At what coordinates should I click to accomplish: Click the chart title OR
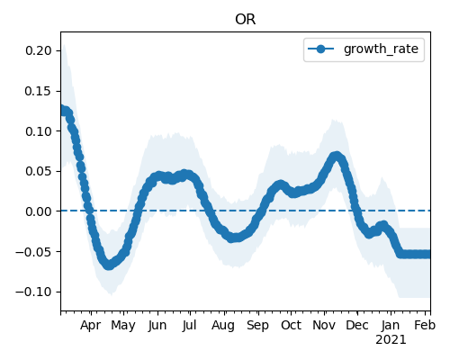tap(246, 20)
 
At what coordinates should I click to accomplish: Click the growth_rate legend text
tap(381, 49)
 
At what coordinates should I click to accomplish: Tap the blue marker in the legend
tap(320, 49)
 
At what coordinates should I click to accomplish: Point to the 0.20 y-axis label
tap(39, 50)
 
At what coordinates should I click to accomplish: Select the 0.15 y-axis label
tap(39, 91)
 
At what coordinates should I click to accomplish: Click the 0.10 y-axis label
tap(39, 131)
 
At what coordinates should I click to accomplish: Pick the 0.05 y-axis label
tap(39, 171)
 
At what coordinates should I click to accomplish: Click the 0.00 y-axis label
tap(39, 211)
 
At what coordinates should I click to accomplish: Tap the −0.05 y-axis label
tap(34, 252)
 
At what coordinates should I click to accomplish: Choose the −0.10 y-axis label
tap(34, 292)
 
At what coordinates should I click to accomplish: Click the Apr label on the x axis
tap(90, 326)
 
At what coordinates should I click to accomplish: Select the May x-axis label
tap(123, 326)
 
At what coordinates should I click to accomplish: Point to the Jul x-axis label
tap(190, 325)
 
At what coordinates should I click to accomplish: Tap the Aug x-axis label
tap(223, 326)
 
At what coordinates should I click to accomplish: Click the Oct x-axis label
tap(291, 325)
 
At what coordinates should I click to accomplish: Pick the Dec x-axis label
tap(357, 325)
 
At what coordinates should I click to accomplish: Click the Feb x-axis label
tap(425, 325)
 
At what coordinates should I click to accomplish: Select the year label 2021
tap(391, 340)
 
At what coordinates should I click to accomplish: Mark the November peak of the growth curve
tap(337, 157)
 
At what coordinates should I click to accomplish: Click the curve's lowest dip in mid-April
tap(109, 265)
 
